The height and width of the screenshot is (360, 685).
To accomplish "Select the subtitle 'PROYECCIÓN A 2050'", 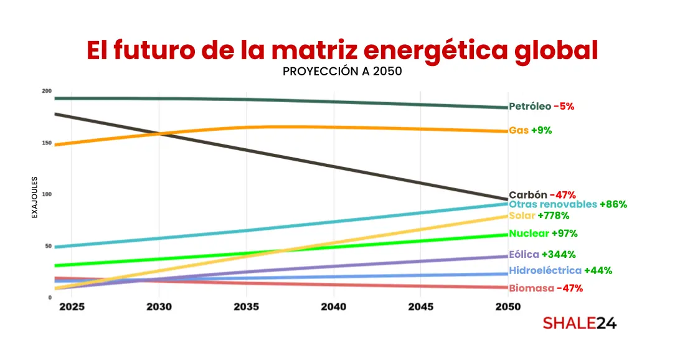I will click(342, 71).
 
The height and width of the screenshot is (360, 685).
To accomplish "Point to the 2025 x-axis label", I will click(72, 307).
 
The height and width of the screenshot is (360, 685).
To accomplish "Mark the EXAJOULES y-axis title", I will click(35, 197).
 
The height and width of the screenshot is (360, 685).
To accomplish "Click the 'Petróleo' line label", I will click(530, 107).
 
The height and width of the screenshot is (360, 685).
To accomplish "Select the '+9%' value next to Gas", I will click(541, 130).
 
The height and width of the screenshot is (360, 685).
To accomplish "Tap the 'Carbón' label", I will click(528, 194).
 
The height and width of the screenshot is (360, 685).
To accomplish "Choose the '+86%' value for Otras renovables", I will click(613, 204).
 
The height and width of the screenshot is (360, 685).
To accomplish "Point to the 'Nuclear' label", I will click(529, 234).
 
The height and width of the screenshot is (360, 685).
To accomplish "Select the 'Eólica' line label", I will click(524, 254).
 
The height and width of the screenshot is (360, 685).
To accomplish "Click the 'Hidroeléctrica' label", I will click(545, 270).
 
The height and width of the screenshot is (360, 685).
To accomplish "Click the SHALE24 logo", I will click(579, 323).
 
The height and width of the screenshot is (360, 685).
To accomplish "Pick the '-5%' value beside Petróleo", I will click(564, 107).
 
